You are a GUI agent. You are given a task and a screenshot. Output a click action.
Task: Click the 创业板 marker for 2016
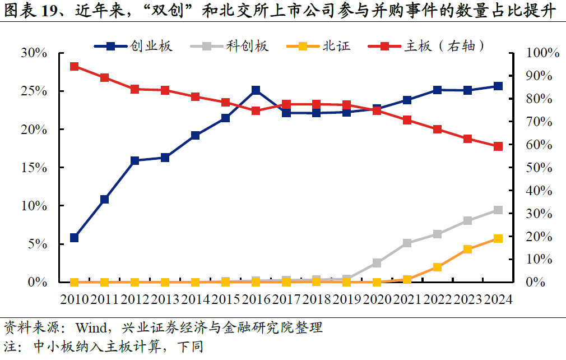point(256,90)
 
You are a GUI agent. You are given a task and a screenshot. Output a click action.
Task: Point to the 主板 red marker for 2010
point(74,67)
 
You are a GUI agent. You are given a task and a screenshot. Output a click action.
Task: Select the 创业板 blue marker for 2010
point(74,238)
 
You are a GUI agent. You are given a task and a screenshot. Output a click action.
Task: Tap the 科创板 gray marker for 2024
point(498,210)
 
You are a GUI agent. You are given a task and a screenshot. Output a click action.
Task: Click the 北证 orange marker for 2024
point(498,239)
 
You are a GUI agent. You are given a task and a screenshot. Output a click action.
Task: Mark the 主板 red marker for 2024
point(498,146)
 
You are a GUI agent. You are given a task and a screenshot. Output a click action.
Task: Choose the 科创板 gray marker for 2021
point(407,243)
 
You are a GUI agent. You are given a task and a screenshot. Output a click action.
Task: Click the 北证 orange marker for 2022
point(437,267)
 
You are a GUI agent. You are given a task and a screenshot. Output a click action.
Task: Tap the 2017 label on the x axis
point(286,299)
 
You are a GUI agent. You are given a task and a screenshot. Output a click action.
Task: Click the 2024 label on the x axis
point(498,299)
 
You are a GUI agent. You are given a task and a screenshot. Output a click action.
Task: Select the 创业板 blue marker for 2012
point(134,161)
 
